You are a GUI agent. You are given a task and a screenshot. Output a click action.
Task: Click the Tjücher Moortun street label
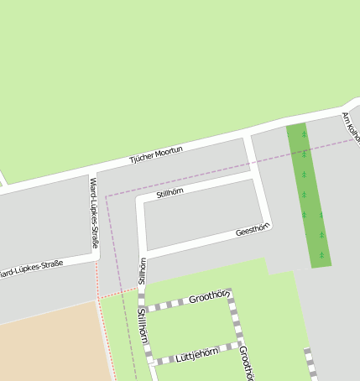tap(155, 152)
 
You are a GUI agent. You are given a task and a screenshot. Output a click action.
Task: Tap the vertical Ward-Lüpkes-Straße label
tap(94, 212)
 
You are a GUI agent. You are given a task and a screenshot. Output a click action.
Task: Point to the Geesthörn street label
tap(252, 229)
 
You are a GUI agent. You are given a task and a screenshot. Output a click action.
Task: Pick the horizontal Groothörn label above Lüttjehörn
tap(208, 297)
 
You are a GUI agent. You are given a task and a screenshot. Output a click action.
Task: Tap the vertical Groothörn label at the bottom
tap(244, 363)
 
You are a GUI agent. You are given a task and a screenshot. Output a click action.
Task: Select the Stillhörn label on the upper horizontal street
tap(170, 194)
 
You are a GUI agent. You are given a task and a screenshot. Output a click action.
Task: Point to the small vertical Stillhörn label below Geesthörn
tap(142, 270)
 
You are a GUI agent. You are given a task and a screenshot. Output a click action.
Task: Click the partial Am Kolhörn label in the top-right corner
tap(351, 126)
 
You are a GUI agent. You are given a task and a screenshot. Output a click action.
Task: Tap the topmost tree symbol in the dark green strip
tap(304, 133)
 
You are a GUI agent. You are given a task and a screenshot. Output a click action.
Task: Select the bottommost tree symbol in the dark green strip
tap(321, 254)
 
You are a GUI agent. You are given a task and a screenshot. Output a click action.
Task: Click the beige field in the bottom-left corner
tap(46, 344)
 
